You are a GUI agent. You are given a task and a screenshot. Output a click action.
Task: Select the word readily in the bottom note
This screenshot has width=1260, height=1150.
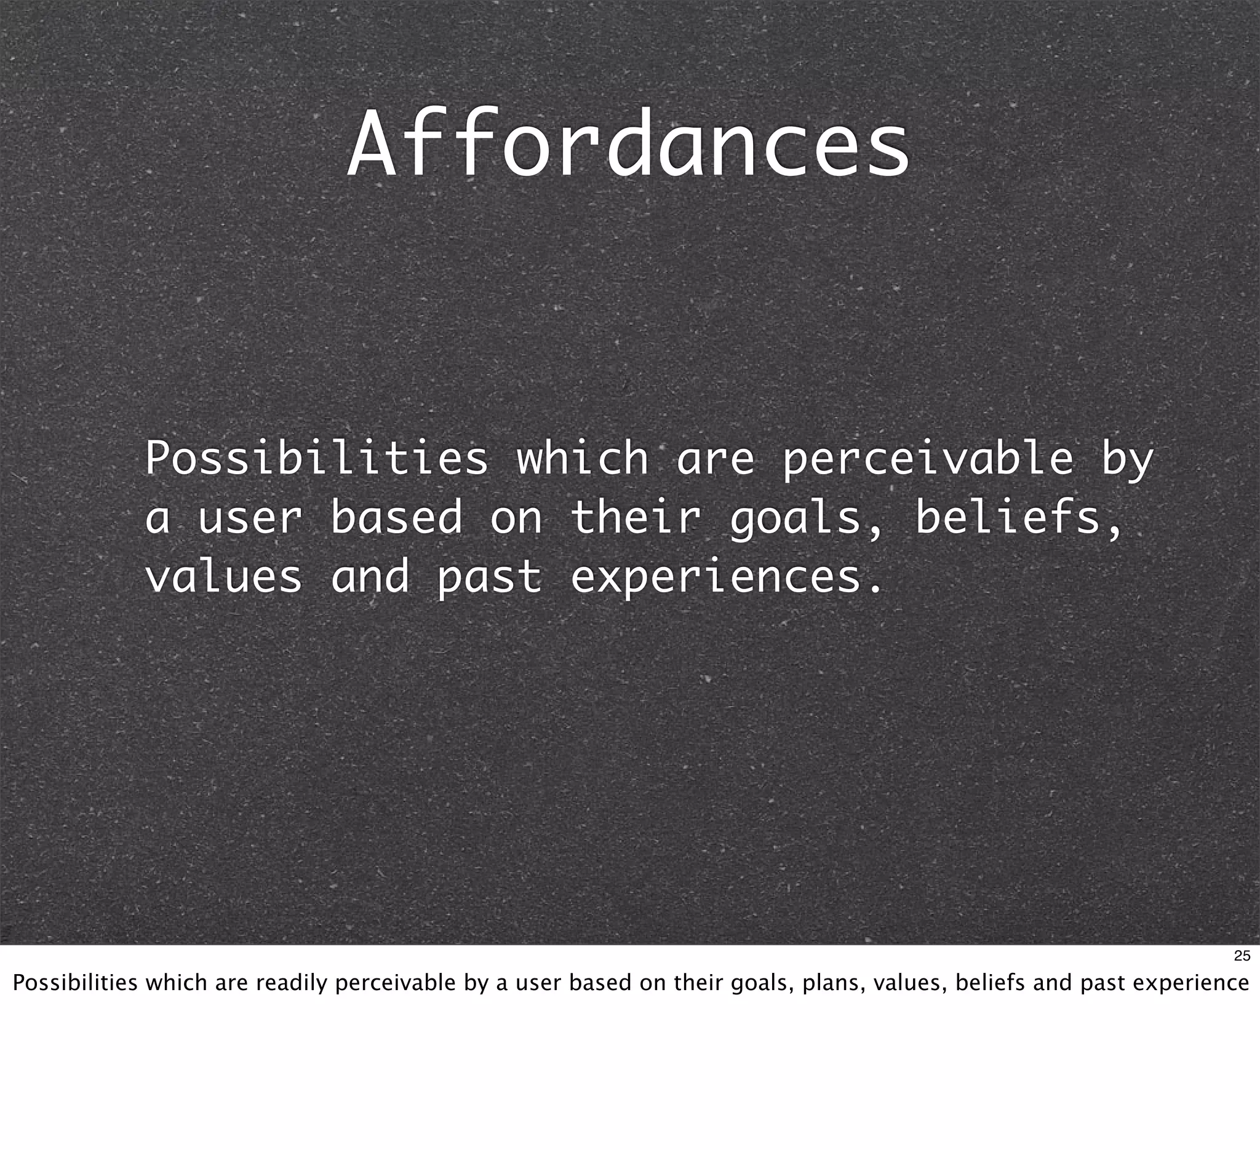[x=291, y=983]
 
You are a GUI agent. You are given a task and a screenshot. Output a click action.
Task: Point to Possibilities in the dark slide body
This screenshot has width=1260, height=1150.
[x=316, y=459]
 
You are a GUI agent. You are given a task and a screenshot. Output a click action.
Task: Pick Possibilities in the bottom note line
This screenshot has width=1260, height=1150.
[x=75, y=983]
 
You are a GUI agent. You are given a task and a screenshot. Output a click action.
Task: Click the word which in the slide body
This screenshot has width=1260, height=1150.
[x=583, y=459]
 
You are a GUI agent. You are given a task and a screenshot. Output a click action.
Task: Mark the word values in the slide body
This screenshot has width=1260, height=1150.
[x=224, y=576]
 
